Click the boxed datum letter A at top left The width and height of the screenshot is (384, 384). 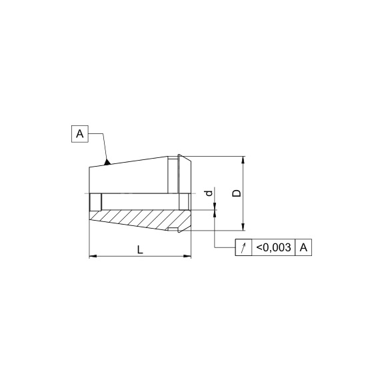(x=80, y=134)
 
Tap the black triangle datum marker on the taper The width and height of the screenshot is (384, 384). (x=107, y=162)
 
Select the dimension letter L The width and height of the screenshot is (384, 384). (x=140, y=250)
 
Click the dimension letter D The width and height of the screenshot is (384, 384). (x=237, y=193)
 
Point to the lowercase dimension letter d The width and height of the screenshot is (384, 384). (x=209, y=193)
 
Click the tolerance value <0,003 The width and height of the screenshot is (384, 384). (x=273, y=247)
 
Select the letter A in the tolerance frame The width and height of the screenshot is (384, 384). (x=303, y=247)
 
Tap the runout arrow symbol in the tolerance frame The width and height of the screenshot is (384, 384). (x=243, y=247)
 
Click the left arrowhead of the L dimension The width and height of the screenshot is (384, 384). (x=93, y=256)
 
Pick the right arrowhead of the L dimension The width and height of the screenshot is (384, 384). (x=187, y=256)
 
